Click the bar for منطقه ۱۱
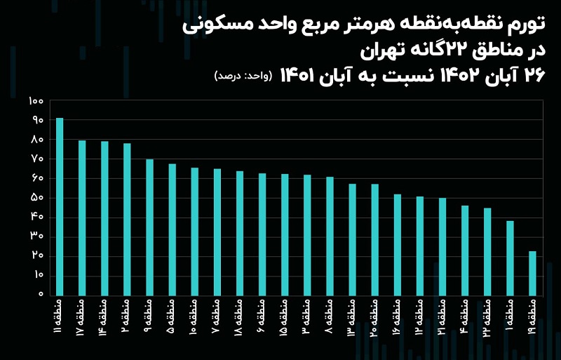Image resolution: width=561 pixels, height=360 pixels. tap(60, 206)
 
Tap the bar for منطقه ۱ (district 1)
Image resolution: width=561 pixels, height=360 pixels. tap(510, 258)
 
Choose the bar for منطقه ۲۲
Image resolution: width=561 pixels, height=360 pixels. tap(487, 251)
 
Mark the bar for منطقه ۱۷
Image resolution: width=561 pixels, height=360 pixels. tap(82, 218)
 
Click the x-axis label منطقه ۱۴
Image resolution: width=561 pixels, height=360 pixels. tap(104, 316)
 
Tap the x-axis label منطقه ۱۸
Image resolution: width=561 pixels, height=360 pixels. tap(240, 316)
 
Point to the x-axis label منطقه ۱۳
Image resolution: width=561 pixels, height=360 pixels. tap(352, 316)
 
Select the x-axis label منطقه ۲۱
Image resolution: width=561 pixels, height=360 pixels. tap(442, 316)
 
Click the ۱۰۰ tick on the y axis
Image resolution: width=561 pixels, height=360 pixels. tap(36, 101)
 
